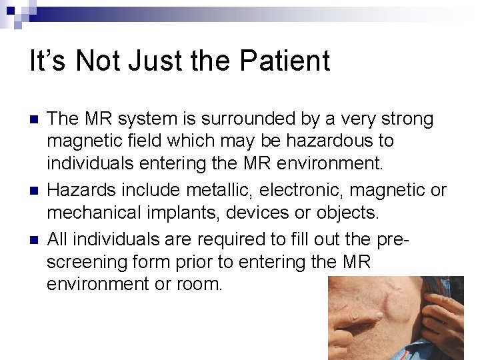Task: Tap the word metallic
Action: (213, 190)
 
